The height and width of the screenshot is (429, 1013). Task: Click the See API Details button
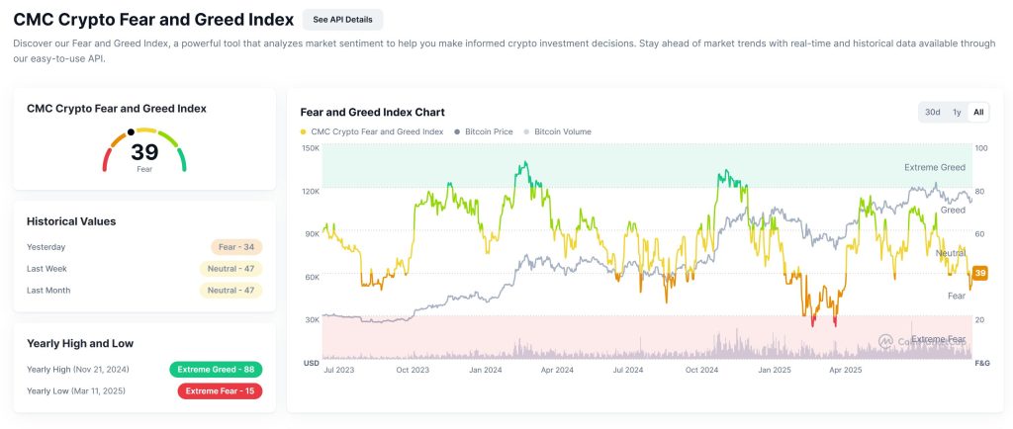(x=342, y=19)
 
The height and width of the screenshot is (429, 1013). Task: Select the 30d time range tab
(x=932, y=112)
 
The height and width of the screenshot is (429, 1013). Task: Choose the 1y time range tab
(x=957, y=112)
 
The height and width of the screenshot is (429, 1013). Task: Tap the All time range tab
(x=978, y=112)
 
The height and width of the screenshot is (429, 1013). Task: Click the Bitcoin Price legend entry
(x=483, y=131)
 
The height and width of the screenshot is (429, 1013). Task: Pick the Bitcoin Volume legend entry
(x=563, y=131)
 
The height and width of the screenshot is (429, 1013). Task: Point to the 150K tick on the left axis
(x=310, y=148)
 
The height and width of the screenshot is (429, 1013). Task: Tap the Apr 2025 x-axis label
(x=848, y=369)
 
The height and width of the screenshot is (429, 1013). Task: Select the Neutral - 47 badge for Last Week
(x=231, y=269)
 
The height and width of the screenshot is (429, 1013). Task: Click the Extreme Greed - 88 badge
(x=216, y=369)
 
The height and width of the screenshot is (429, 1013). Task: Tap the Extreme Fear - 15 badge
(x=220, y=390)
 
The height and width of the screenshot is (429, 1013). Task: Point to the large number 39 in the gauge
(x=144, y=151)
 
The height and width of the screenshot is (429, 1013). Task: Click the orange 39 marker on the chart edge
(x=980, y=273)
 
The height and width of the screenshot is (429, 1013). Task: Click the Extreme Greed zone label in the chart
(x=934, y=168)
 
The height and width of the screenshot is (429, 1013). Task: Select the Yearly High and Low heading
(x=80, y=343)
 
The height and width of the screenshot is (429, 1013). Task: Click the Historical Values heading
(x=71, y=221)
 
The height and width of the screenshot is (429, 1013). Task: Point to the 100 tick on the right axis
(x=981, y=148)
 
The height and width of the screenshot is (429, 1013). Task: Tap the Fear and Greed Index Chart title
(x=372, y=112)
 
